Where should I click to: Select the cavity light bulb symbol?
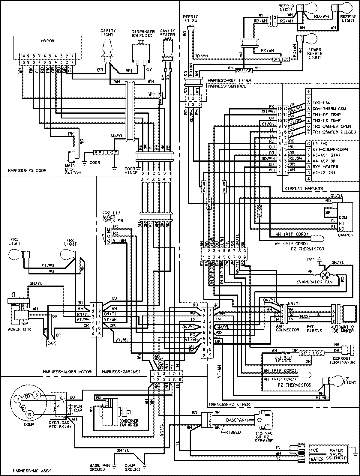[107, 48]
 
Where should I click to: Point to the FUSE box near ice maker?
[305, 316]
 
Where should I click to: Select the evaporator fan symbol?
[325, 274]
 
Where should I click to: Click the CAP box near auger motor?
[51, 343]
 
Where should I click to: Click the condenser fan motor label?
[129, 423]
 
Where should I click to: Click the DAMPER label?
[345, 235]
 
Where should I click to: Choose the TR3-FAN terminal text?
[322, 103]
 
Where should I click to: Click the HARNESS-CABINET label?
[121, 372]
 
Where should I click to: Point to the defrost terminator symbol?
[347, 350]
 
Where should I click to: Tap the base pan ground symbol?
[114, 466]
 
